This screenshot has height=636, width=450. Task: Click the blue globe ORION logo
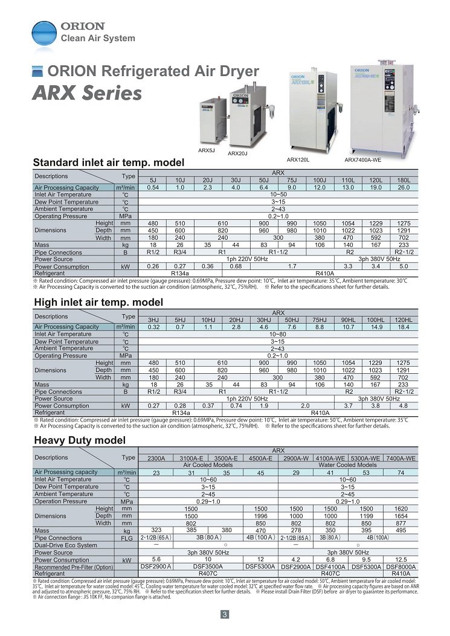click(44, 34)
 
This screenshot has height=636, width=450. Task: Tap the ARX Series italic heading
click(87, 94)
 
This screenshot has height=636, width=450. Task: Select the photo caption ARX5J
click(207, 150)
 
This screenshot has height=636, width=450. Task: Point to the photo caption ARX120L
click(298, 159)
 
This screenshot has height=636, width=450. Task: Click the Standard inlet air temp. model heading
click(108, 163)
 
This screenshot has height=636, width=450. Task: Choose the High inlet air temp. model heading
click(98, 302)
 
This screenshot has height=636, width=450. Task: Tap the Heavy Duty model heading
click(80, 440)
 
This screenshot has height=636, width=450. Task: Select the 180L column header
click(403, 180)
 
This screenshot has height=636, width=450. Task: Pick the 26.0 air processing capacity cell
click(403, 187)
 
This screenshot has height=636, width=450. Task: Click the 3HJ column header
click(154, 320)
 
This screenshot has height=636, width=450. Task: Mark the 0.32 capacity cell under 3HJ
click(154, 327)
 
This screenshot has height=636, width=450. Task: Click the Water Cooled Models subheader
click(347, 465)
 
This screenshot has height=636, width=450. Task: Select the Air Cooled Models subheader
click(208, 465)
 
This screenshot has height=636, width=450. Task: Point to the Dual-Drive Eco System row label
click(66, 545)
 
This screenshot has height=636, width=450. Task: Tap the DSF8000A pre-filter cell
click(401, 567)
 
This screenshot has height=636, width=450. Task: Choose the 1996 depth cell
click(260, 516)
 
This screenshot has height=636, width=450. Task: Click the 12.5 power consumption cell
click(401, 560)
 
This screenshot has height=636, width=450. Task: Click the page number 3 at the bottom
click(225, 615)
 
